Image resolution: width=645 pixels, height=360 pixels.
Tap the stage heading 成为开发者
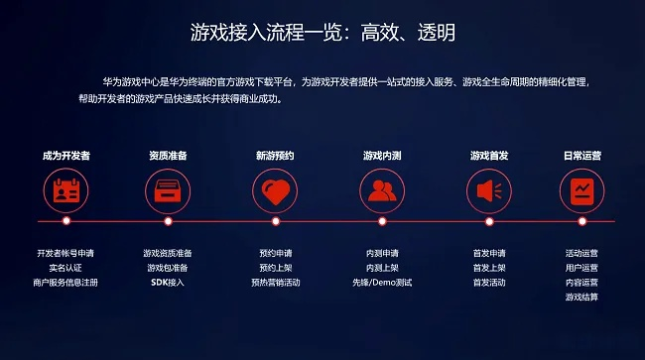click(x=66, y=156)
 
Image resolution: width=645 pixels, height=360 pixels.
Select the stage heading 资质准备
click(x=168, y=156)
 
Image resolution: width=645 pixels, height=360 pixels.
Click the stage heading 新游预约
click(x=275, y=156)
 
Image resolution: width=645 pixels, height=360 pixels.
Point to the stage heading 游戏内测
click(x=382, y=156)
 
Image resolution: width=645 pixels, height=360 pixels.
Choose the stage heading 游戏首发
click(x=489, y=156)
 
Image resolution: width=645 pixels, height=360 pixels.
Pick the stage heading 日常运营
click(x=581, y=156)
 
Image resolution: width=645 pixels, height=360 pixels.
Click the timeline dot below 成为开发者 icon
click(x=66, y=221)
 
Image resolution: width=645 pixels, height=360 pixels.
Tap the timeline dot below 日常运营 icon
click(x=581, y=221)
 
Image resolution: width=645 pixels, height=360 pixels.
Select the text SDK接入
click(x=168, y=283)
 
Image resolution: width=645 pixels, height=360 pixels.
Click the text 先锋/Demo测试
click(x=382, y=283)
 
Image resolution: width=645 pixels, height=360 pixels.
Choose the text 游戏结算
click(x=581, y=298)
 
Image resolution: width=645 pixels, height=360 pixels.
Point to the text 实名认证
click(x=66, y=268)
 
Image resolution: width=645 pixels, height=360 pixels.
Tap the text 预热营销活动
click(x=275, y=283)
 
